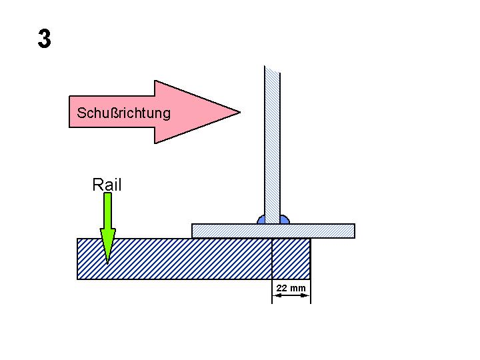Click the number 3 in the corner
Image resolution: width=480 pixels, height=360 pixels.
click(x=44, y=39)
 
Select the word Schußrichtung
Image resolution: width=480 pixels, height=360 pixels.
click(x=123, y=113)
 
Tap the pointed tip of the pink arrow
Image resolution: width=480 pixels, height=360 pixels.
click(x=237, y=111)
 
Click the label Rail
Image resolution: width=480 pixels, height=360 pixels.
click(x=107, y=185)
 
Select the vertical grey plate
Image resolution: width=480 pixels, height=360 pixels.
click(x=272, y=147)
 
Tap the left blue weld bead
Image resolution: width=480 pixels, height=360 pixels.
click(x=261, y=219)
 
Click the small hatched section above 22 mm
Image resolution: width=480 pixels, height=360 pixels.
click(x=291, y=259)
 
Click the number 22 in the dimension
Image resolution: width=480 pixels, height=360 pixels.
click(x=282, y=288)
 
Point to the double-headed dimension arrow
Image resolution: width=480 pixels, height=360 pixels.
click(x=291, y=296)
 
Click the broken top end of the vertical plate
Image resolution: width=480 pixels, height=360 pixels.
click(x=272, y=68)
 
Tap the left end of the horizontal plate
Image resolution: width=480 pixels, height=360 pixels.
click(x=194, y=231)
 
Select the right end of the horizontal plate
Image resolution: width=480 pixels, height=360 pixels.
click(x=353, y=231)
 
